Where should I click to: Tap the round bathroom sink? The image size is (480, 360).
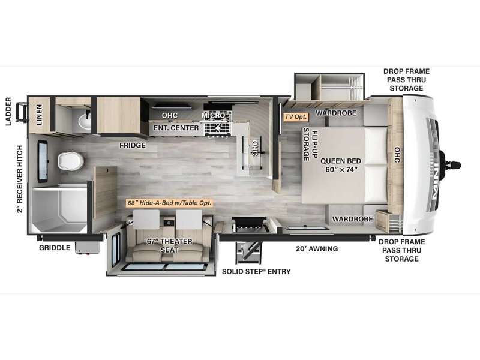85,121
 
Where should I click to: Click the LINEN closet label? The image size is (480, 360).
39,115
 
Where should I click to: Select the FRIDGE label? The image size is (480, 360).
133,145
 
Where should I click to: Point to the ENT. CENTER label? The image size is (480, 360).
176,128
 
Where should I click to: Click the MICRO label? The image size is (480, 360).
214,115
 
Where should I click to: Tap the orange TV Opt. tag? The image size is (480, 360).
296,117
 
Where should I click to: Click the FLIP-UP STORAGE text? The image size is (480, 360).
310,144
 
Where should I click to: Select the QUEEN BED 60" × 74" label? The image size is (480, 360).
341,166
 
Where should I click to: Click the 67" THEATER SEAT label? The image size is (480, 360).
169,245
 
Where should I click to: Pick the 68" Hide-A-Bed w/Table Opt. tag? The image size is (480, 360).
169,203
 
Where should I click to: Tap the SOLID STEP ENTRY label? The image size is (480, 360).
256,271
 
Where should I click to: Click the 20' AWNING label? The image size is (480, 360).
317,248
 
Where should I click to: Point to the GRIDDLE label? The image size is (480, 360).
55,248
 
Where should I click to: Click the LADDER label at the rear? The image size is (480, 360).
8,112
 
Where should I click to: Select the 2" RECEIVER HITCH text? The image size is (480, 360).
20,179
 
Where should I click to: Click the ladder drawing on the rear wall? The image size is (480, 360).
22,112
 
